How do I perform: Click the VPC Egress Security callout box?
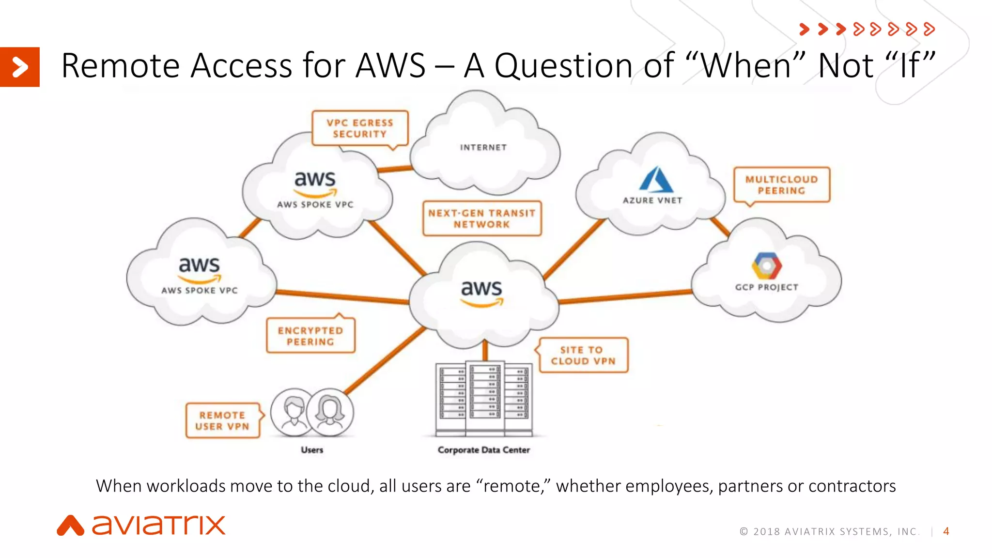coord(360,128)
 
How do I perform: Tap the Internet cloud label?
coord(483,147)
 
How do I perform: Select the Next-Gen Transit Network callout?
coord(481,218)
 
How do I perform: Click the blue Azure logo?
coord(655,180)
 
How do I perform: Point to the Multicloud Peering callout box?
coord(781,185)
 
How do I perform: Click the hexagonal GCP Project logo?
coord(766,266)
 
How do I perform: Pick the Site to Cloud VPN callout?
coord(583,356)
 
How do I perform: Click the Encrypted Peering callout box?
coord(310,336)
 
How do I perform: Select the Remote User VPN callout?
coord(222,420)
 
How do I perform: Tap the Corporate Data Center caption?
coord(483,450)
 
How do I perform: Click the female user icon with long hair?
coord(330,411)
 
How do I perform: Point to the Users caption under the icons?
coord(312,450)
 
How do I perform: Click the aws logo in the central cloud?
coord(481,293)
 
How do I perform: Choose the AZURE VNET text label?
coord(652,201)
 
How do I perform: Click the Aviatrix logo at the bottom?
coord(141,526)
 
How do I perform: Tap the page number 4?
coord(946,531)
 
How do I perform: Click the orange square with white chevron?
coord(19,67)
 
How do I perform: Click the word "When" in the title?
coord(746,66)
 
